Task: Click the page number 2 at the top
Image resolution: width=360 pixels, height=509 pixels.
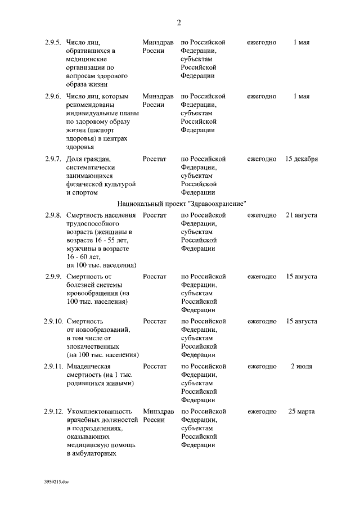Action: (x=179, y=22)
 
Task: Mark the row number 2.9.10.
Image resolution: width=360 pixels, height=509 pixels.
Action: (x=53, y=321)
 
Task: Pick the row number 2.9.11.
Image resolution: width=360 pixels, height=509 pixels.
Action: (x=53, y=366)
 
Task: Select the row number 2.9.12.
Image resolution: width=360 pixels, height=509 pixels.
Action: (x=53, y=411)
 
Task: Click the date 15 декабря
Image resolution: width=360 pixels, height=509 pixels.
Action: (x=301, y=159)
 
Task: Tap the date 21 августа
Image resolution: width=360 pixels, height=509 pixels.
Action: (x=301, y=215)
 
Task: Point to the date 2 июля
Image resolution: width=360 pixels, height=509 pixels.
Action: (x=301, y=366)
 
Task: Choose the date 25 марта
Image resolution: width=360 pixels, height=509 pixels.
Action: (x=301, y=411)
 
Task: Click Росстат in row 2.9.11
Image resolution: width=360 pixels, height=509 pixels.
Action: (x=155, y=366)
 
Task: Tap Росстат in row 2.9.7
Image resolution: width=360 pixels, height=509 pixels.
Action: (x=155, y=159)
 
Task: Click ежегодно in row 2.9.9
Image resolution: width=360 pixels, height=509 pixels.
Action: (x=262, y=276)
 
